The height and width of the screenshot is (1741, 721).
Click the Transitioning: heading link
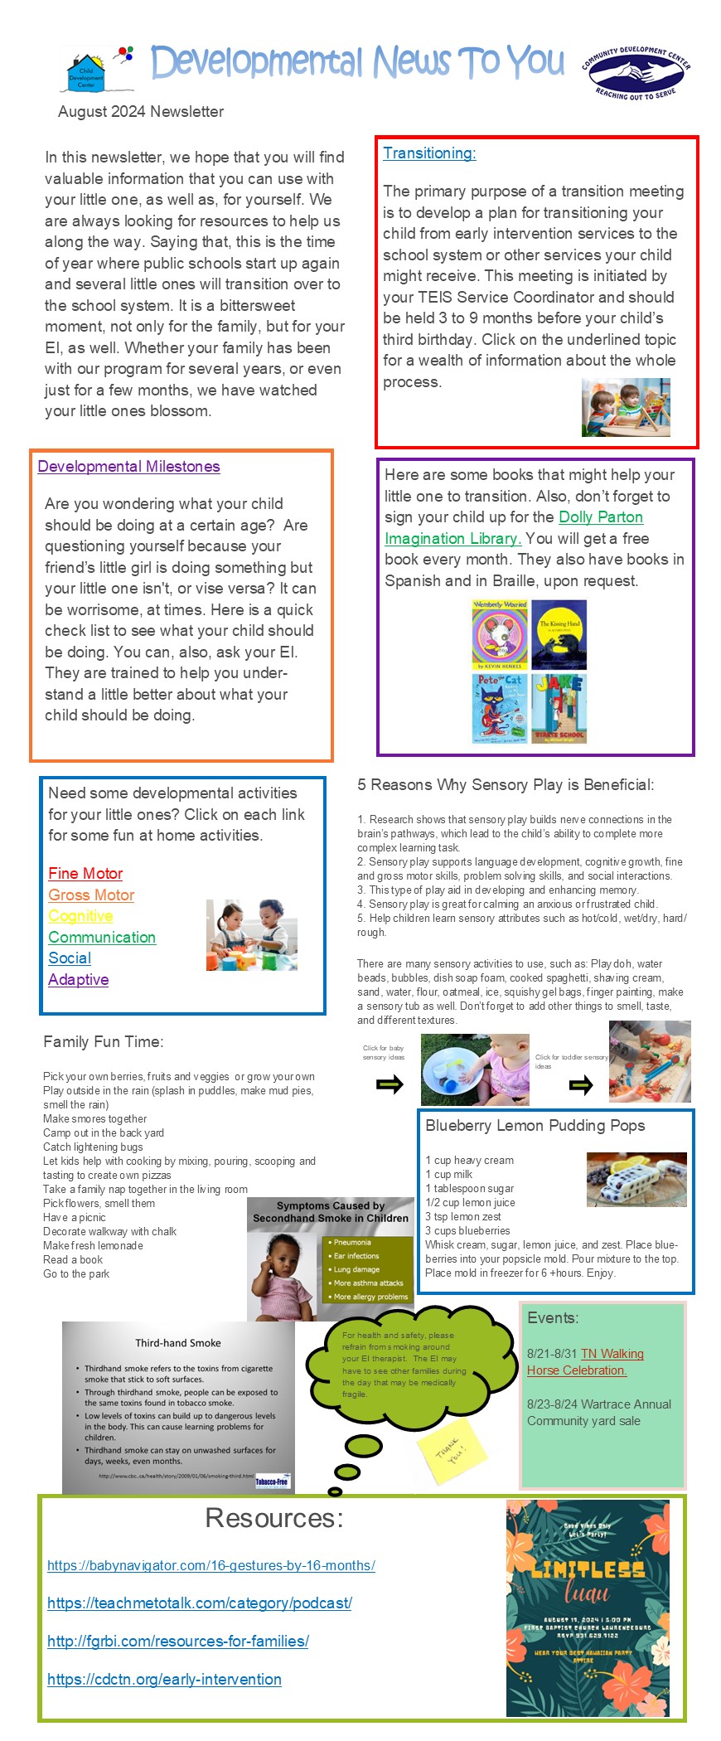pos(429,153)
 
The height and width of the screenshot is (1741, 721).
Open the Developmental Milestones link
pos(128,467)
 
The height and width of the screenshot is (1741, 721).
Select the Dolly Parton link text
pos(601,517)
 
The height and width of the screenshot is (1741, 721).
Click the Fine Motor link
pos(85,874)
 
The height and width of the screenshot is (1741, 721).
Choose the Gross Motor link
pos(91,895)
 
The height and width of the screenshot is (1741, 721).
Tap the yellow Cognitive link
pos(80,916)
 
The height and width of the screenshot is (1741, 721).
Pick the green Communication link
pos(102,938)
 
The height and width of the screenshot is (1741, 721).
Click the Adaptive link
pos(79,980)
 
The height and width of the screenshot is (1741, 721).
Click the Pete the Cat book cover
pos(500,708)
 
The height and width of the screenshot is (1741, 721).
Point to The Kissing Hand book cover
pos(559,634)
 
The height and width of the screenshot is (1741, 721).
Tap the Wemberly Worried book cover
pos(500,634)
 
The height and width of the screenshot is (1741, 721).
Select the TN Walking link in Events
pos(612,1354)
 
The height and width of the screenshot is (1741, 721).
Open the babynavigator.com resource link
pos(211,1565)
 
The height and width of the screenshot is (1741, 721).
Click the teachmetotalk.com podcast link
pos(200,1603)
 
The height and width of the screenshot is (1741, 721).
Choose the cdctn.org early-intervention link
pos(164,1680)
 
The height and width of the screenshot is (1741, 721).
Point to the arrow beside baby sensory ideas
pos(390,1084)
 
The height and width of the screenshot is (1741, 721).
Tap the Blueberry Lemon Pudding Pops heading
pos(535,1126)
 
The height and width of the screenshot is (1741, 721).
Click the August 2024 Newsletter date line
pos(141,112)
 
